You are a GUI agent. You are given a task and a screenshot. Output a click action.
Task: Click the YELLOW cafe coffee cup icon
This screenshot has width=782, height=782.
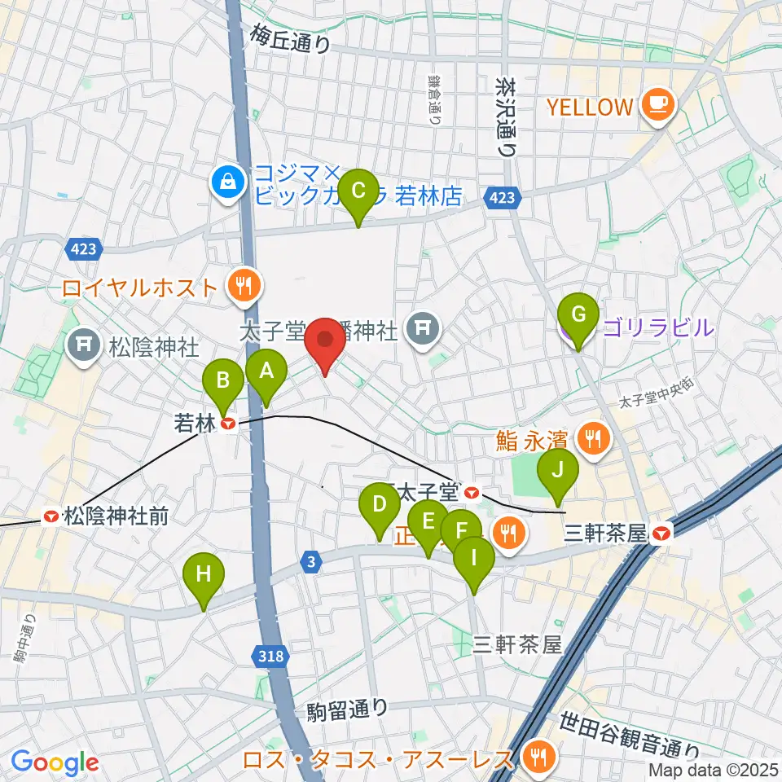point(657,106)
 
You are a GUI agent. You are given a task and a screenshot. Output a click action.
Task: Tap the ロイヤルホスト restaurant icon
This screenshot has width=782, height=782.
point(243,287)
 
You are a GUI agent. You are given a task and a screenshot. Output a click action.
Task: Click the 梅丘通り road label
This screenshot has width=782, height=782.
point(291,38)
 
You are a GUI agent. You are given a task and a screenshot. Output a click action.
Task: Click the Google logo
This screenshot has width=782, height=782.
point(55,762)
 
